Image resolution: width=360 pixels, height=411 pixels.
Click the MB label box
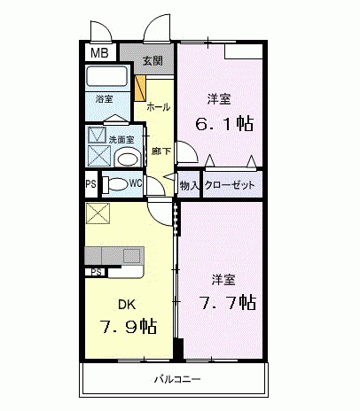98,53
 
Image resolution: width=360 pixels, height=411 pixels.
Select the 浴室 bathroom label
105,98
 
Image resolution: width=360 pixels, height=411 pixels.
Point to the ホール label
158,107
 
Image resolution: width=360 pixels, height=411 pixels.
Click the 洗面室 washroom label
120,139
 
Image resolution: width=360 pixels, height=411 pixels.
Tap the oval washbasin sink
127,158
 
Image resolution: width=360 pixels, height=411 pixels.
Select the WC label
136,184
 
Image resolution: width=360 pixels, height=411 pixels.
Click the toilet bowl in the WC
113,185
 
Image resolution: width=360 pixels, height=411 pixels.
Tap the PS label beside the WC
90,185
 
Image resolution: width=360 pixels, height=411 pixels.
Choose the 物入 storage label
189,185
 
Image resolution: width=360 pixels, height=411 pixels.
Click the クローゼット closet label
230,185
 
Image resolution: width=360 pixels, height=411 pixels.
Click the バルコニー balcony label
177,380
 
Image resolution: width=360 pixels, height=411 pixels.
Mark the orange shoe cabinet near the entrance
139,89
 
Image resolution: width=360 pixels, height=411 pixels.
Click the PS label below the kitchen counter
94,271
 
